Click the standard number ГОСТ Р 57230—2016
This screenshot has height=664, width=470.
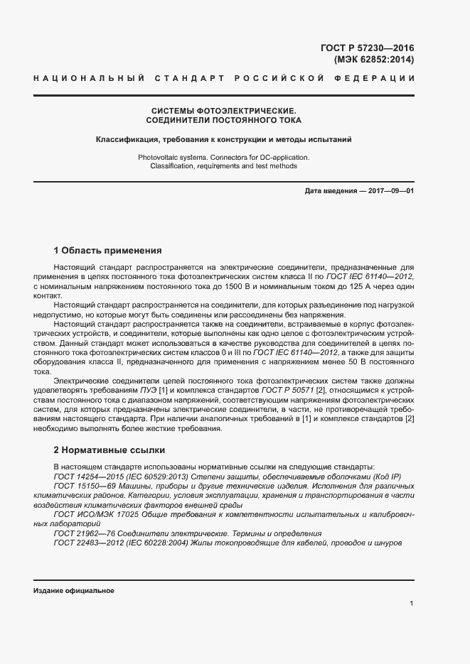pyautogui.click(x=367, y=48)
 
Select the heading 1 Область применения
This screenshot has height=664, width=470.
pyautogui.click(x=108, y=251)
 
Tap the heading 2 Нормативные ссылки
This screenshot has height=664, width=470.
pyautogui.click(x=110, y=450)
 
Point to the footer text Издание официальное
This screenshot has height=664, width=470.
pyautogui.click(x=73, y=591)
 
